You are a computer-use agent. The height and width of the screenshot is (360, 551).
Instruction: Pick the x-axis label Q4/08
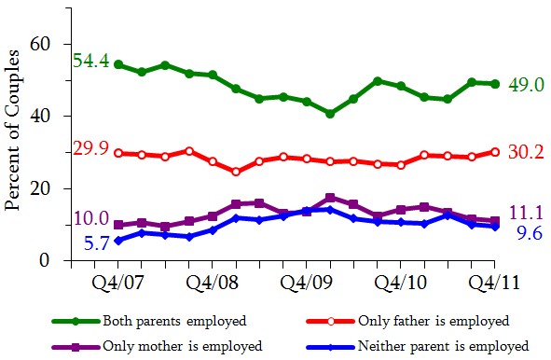[213, 282]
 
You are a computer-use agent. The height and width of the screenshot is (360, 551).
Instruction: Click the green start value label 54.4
[91, 62]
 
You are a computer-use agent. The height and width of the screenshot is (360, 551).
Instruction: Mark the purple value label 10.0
[90, 217]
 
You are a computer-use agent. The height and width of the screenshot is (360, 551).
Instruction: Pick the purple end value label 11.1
[524, 213]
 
